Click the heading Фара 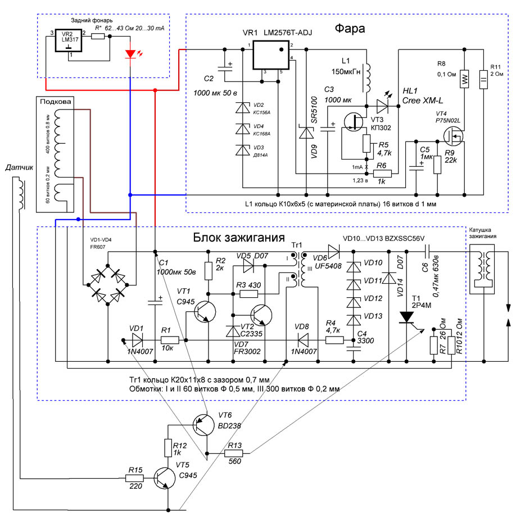350,29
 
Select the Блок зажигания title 239,238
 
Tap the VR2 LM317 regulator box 69,40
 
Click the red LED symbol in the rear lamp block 130,54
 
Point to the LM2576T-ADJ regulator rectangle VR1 271,55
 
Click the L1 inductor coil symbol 367,78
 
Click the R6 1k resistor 382,174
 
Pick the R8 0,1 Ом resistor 464,79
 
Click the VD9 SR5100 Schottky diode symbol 306,133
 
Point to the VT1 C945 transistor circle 205,312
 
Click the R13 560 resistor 233,453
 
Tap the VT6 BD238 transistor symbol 203,425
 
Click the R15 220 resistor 134,479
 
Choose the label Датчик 19,167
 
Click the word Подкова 56,101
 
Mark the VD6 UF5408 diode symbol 334,251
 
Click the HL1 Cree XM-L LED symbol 382,106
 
